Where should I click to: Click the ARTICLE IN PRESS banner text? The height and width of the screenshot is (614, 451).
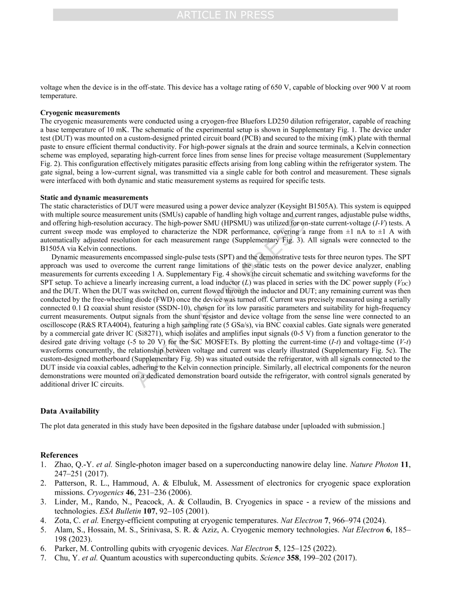coord(225,15)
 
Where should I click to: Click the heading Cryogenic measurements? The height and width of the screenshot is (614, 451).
coord(80,113)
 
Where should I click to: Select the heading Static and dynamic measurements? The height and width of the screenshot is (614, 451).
coord(94,198)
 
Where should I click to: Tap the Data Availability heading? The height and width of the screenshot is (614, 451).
coord(70,411)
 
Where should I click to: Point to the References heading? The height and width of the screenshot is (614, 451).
coord(59,455)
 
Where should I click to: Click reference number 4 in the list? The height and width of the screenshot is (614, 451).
coord(43,521)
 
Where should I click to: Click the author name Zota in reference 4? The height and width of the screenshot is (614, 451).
coord(62,521)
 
